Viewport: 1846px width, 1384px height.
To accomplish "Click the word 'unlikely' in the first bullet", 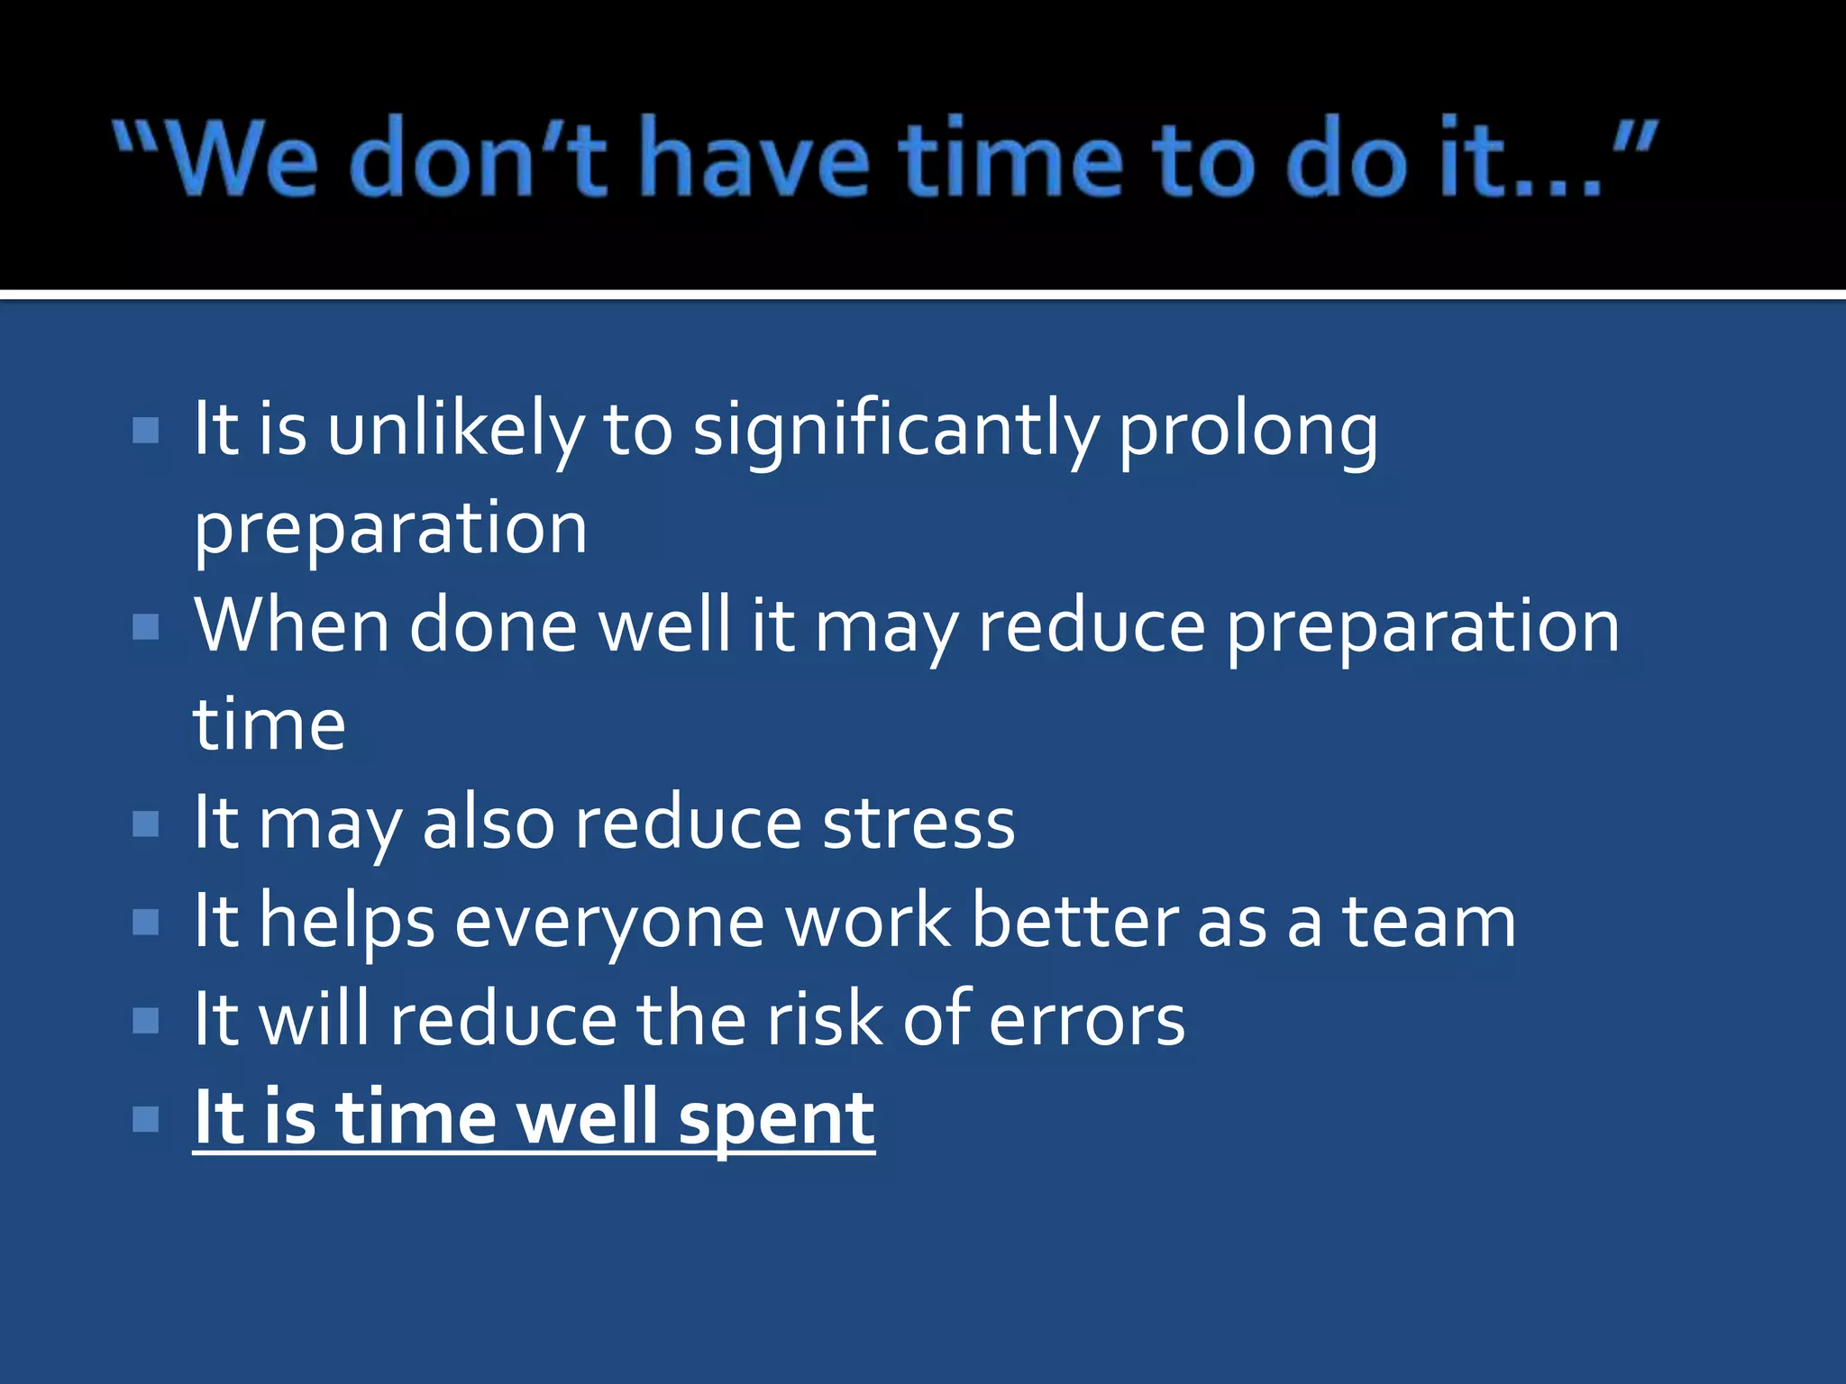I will point(455,431).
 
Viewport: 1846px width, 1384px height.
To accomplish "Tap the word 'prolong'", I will point(1247,431).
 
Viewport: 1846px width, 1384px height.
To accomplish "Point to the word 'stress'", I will point(918,824).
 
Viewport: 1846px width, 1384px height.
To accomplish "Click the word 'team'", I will point(1430,923).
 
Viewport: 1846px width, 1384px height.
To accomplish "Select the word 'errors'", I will point(1087,1021).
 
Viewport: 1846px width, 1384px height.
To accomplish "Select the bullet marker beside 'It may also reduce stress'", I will point(145,824).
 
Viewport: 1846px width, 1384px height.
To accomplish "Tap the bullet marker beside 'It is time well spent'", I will point(145,1119).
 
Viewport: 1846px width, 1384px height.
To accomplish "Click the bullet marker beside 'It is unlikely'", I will point(145,431).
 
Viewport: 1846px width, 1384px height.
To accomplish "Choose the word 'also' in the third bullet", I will point(488,824).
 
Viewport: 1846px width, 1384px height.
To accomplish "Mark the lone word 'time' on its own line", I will point(270,724).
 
